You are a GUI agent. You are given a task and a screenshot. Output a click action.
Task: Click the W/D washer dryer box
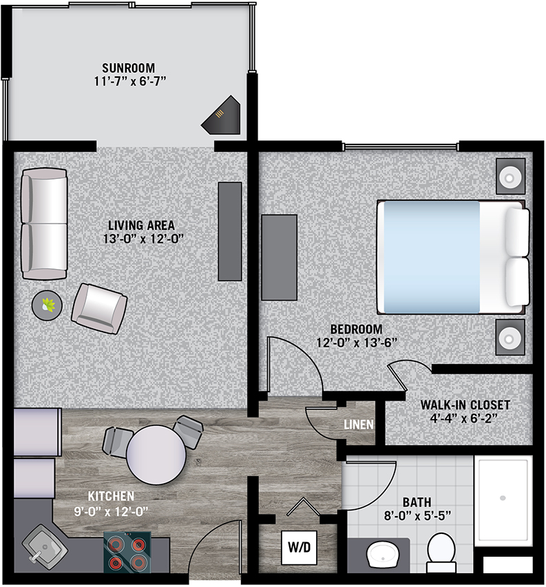[300, 547]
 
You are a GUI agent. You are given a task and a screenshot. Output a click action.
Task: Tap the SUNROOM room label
[129, 68]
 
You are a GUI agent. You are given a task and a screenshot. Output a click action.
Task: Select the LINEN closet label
[359, 425]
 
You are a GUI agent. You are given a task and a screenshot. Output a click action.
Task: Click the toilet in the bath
[441, 553]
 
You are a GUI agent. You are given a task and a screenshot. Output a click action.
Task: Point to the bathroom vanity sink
[383, 555]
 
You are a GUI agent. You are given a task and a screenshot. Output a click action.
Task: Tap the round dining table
[156, 455]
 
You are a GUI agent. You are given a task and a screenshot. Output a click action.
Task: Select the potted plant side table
[47, 306]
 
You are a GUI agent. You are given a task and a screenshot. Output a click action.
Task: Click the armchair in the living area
[99, 308]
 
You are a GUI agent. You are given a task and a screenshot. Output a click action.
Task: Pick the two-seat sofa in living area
[44, 224]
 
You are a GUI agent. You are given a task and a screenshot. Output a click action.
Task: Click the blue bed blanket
[432, 257]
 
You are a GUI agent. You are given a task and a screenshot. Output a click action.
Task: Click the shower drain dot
[503, 498]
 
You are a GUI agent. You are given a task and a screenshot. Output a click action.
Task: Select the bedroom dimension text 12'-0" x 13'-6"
[357, 343]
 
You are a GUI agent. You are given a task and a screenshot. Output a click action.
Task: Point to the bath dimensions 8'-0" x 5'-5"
[417, 516]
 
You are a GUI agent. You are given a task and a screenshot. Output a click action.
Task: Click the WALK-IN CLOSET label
[465, 405]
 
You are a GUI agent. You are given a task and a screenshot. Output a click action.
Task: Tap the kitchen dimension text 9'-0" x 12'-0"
[111, 511]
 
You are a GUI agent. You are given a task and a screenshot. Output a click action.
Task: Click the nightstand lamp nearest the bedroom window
[510, 176]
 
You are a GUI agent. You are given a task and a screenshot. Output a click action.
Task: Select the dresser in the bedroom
[279, 257]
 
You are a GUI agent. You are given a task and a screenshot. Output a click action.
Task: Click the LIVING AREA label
[141, 225]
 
